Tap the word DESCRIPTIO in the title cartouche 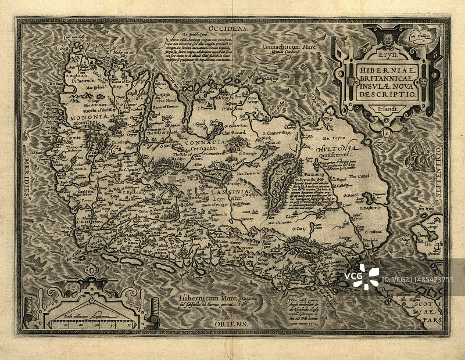tap(383, 93)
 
